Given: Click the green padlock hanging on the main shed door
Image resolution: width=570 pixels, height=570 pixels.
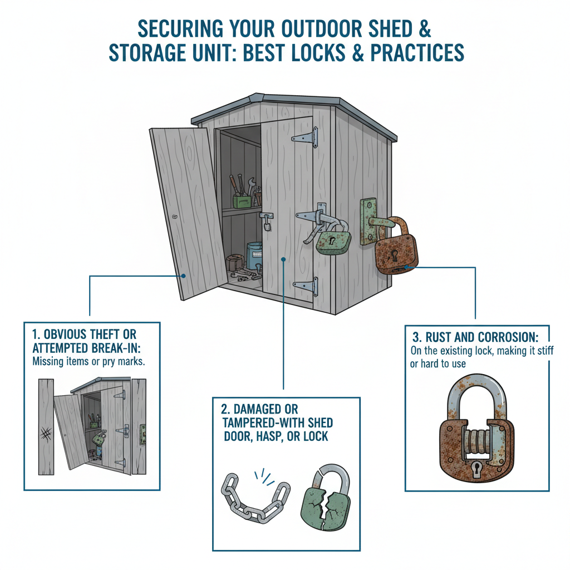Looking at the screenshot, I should [x=333, y=243].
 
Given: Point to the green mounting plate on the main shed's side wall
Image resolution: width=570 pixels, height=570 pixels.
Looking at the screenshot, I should [x=368, y=222].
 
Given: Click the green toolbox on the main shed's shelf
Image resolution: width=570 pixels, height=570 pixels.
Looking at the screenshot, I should [x=241, y=201].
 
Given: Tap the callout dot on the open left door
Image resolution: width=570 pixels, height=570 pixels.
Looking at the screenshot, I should [x=183, y=276].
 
